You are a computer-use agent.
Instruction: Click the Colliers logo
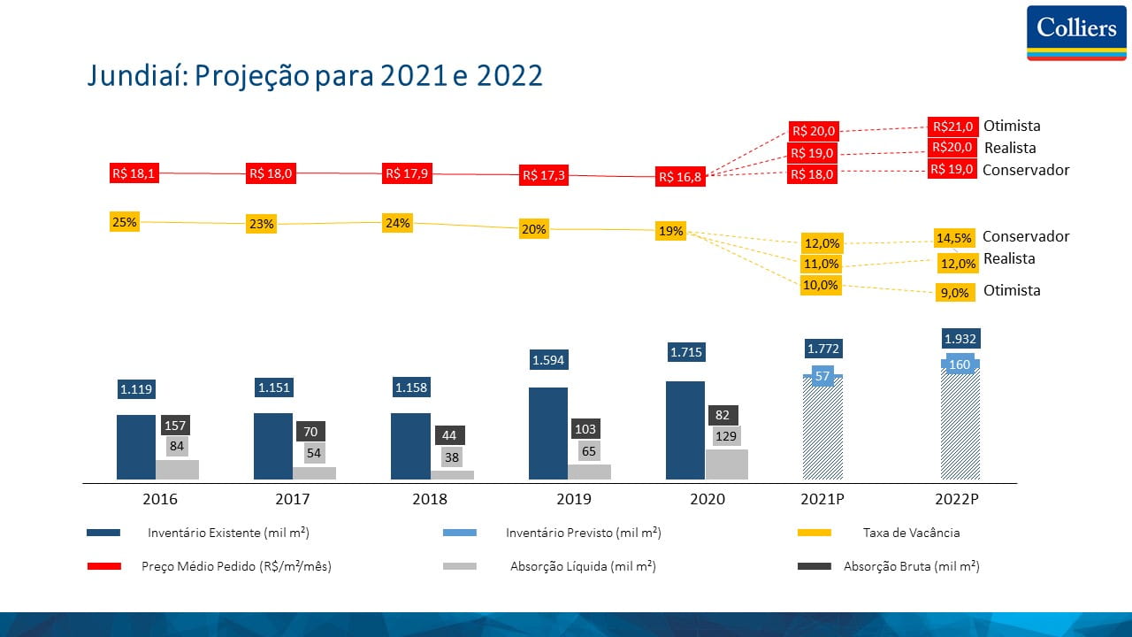coord(1075,32)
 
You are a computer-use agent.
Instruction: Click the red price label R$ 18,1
coord(134,173)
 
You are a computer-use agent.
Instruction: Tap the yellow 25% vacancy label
coord(124,222)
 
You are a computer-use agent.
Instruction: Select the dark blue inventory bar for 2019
coord(548,434)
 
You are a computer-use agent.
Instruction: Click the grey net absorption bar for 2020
coord(726,464)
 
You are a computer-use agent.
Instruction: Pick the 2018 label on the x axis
coord(430,499)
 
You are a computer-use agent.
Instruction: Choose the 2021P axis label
coord(822,499)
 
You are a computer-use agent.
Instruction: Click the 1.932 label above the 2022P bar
coord(960,339)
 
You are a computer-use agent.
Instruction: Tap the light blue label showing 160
coord(960,365)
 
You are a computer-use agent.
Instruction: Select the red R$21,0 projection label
coord(952,127)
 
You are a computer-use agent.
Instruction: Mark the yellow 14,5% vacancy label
coord(954,238)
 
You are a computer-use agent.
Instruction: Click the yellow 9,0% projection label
coord(954,292)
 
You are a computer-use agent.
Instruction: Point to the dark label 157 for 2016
coord(177,426)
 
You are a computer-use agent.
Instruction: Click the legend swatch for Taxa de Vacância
coord(815,533)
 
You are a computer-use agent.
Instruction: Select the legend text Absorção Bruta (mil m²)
coord(911,566)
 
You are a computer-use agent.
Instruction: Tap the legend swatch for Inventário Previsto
coord(459,533)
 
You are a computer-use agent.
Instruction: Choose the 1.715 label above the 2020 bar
coord(685,352)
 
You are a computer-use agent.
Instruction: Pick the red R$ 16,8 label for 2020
coord(679,177)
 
